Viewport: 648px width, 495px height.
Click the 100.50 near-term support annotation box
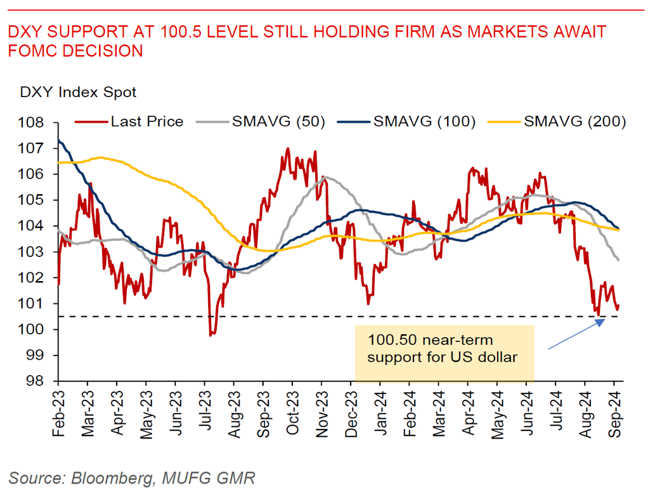coord(444,349)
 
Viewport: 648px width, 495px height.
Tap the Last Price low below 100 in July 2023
coord(211,334)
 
